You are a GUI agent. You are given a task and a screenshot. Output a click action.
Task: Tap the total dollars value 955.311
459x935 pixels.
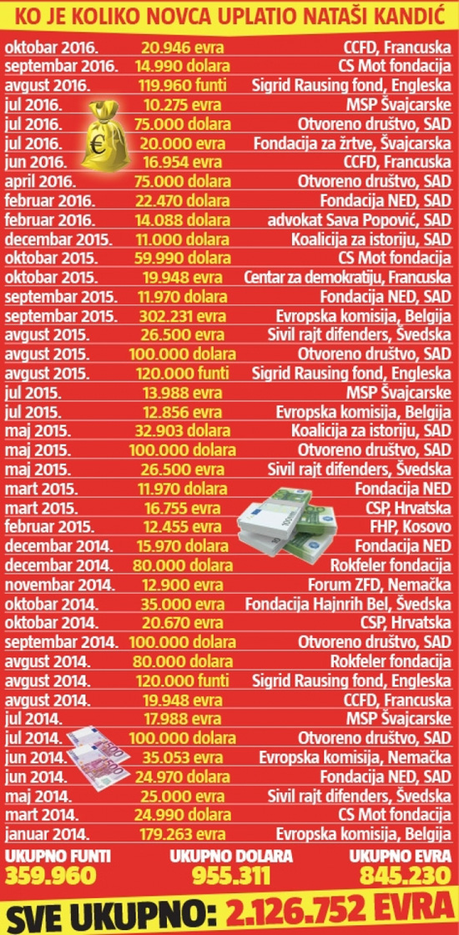230,875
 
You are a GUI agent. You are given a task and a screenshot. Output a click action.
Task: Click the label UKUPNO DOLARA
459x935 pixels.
231,856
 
